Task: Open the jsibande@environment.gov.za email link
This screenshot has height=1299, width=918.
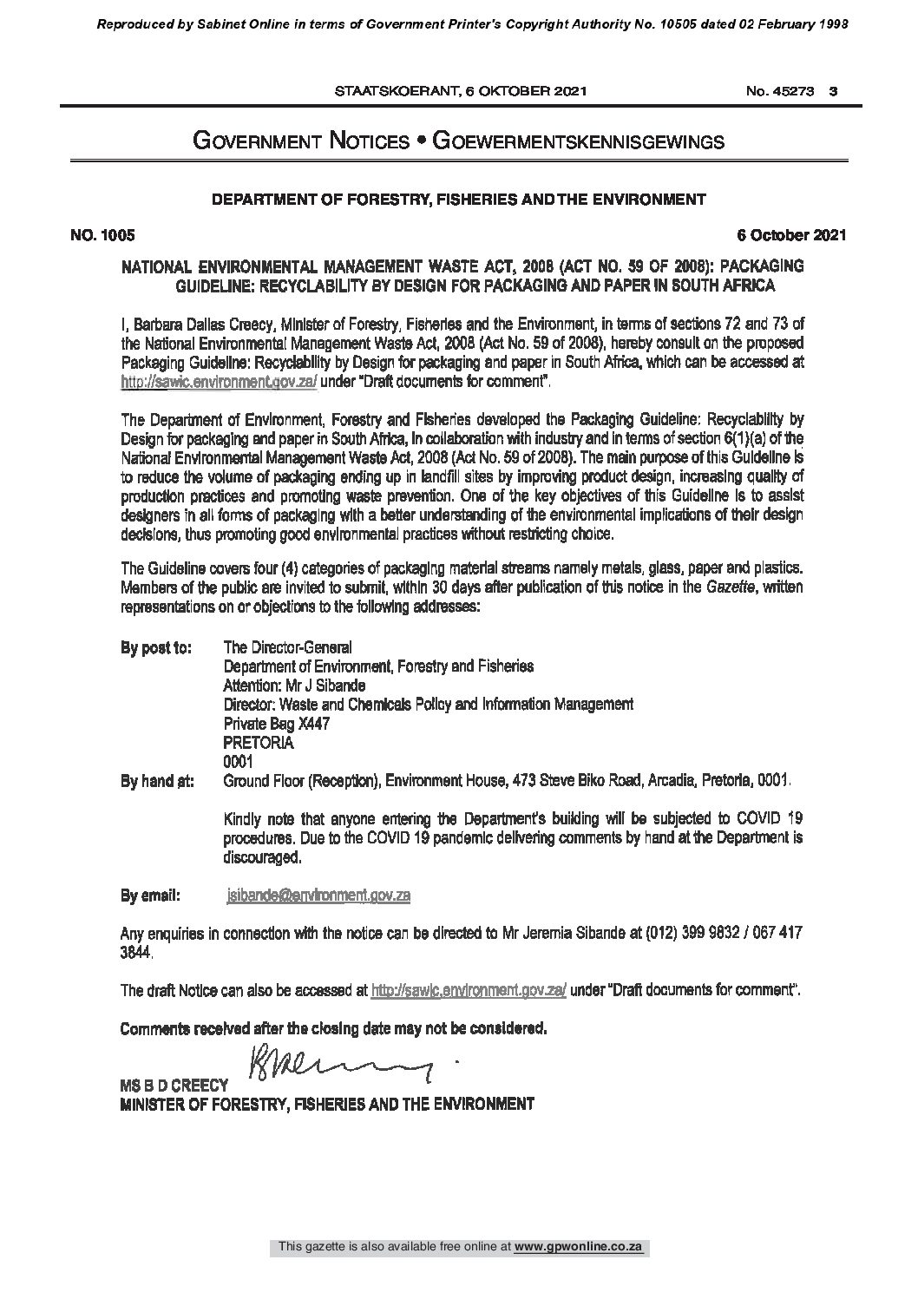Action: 318,895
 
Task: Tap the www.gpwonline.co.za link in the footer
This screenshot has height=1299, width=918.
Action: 590,1271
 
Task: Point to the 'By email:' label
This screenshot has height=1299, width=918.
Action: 150,895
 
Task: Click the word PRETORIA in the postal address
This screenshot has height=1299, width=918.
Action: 259,744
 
